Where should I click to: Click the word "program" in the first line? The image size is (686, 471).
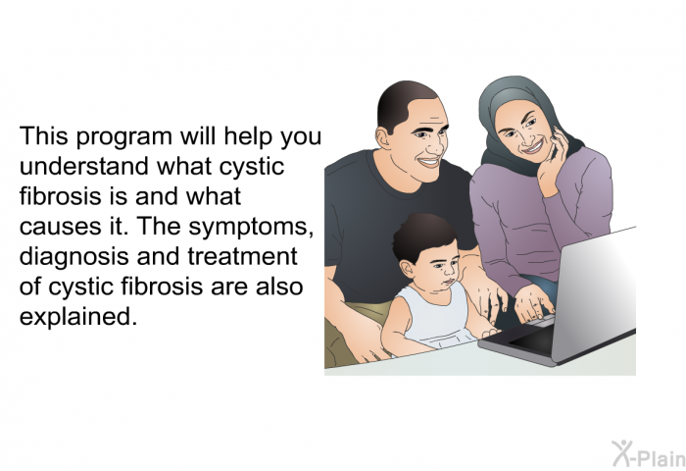pyautogui.click(x=123, y=137)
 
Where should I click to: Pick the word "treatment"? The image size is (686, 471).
pyautogui.click(x=242, y=257)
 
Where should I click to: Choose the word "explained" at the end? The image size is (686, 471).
pyautogui.click(x=75, y=317)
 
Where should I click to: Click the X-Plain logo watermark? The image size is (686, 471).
pyautogui.click(x=649, y=454)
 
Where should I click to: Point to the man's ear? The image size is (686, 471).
pyautogui.click(x=383, y=137)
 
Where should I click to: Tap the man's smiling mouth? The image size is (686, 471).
pyautogui.click(x=429, y=161)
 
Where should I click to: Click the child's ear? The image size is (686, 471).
pyautogui.click(x=407, y=269)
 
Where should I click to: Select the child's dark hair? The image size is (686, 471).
pyautogui.click(x=421, y=235)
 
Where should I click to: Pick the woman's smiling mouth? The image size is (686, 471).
pyautogui.click(x=533, y=147)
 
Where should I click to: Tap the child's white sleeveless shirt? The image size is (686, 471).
pyautogui.click(x=433, y=316)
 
